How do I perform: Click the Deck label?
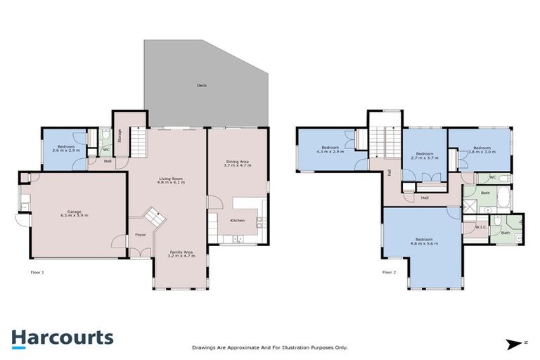point(202,86)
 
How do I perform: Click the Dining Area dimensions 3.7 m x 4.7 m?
point(237,166)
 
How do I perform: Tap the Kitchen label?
point(238,221)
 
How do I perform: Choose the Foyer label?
point(141,234)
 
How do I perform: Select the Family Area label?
point(180,252)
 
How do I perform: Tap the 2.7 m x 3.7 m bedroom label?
point(424,157)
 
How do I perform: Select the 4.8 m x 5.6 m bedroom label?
point(424,243)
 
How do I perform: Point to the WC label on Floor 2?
point(492,177)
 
